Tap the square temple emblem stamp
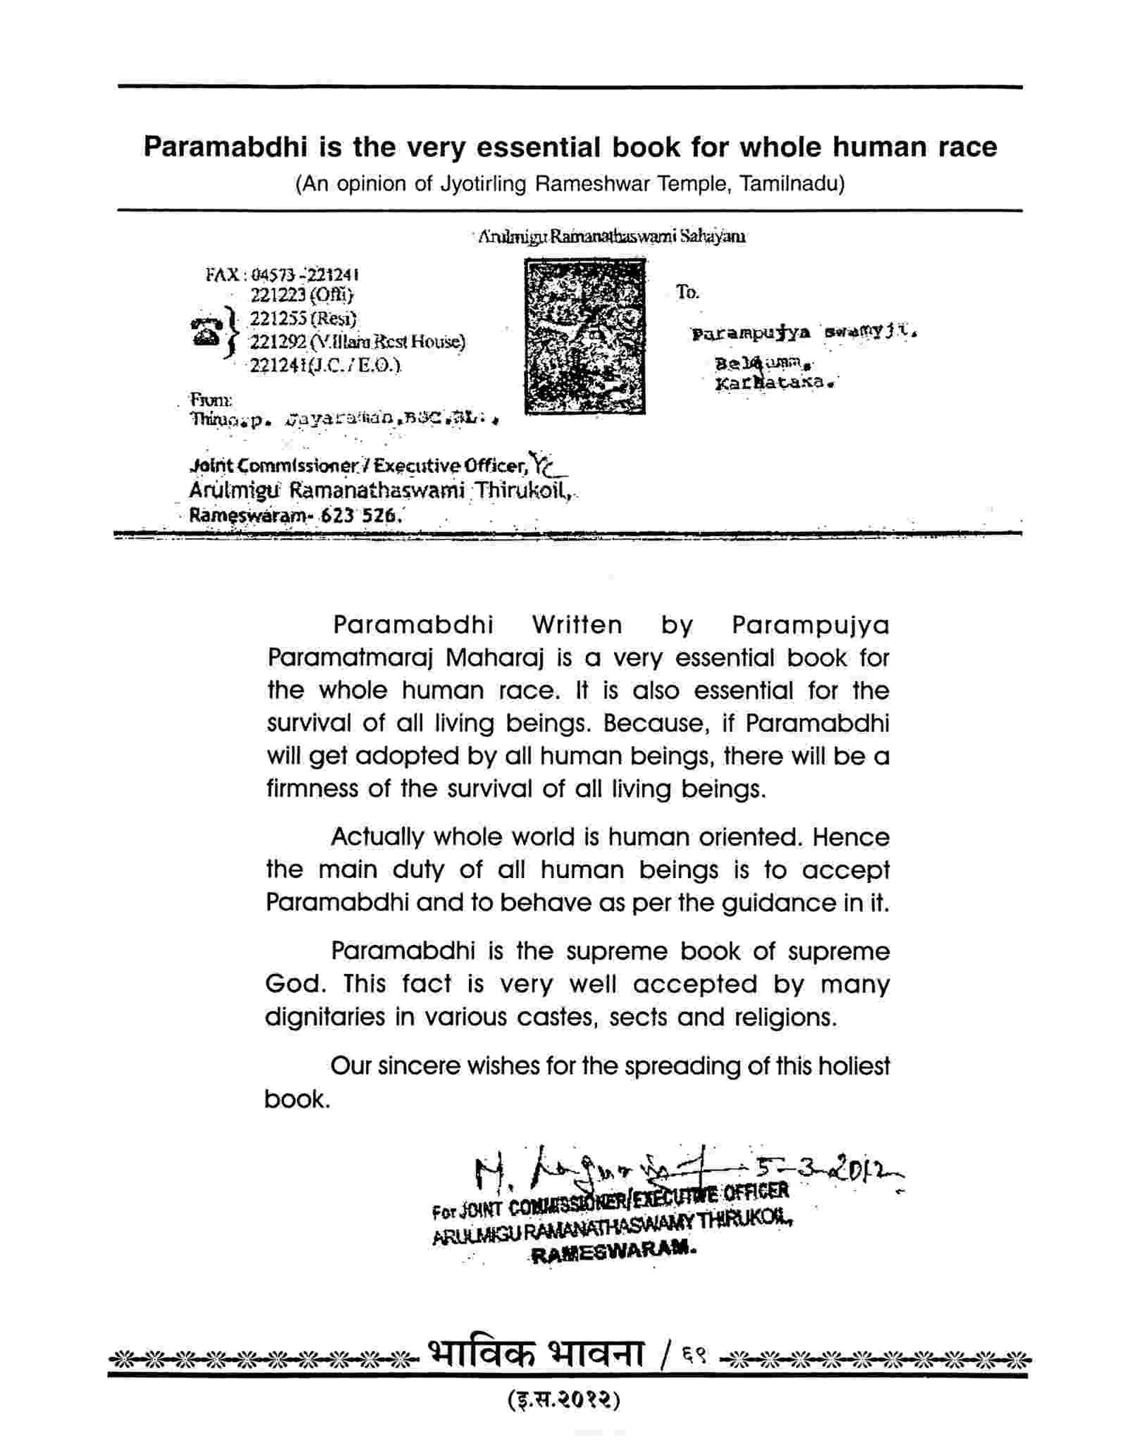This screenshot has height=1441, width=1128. pos(584,336)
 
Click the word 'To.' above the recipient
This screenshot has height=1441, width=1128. pos(687,292)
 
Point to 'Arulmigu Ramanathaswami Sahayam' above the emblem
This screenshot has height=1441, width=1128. pos(611,237)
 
